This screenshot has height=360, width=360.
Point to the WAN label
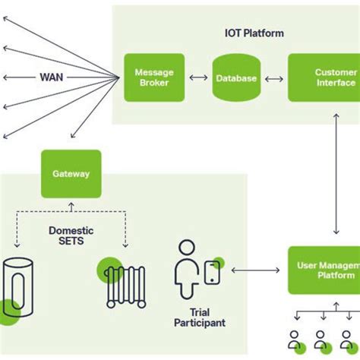pyautogui.click(x=52, y=77)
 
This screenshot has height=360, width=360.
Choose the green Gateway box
pyautogui.click(x=71, y=174)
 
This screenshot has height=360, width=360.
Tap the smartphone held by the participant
pyautogui.click(x=212, y=272)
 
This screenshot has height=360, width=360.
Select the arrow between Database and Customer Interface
pyautogui.click(x=275, y=78)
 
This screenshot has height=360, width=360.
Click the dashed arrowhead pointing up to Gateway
pyautogui.click(x=71, y=204)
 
